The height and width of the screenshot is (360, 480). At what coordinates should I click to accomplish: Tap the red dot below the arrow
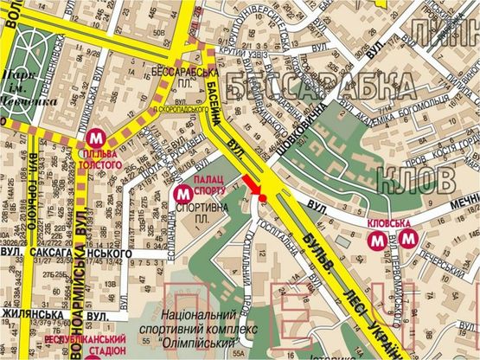(x=262, y=199)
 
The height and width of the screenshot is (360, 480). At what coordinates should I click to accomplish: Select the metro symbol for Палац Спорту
(x=183, y=192)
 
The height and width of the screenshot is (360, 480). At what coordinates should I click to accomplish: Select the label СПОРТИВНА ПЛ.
(x=202, y=215)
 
